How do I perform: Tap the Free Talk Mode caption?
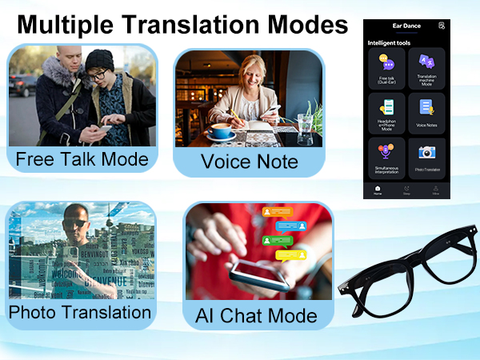[x=82, y=158]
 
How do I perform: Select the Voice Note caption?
[x=249, y=162]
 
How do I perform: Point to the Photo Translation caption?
[x=80, y=311]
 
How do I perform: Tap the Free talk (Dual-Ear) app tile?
[x=387, y=69]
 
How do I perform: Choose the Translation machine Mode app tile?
[x=426, y=69]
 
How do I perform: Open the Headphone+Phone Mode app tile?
[x=387, y=114]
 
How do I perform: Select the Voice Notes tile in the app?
[x=426, y=114]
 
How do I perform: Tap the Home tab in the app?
[x=378, y=190]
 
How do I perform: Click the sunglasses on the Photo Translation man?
[x=77, y=219]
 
